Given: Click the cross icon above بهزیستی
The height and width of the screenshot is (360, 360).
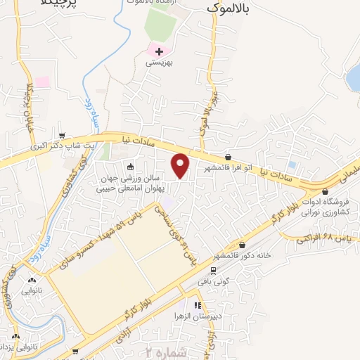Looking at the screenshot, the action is coord(159,51).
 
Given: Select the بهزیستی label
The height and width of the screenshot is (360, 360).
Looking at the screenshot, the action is coord(159,63).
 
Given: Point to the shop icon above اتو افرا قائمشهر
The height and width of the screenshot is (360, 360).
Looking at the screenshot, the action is coord(228,157).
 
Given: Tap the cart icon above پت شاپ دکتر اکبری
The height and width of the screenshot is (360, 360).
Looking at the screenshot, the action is coord(63,136).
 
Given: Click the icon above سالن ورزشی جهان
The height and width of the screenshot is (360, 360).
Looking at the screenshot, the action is coord(130,167).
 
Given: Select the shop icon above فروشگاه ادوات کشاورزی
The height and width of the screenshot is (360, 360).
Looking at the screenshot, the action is coord(324,191).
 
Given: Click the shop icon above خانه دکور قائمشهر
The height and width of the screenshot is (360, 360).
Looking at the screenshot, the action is coord(243,245).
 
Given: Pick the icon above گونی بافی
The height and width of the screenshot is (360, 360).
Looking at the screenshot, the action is coord(213,270).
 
